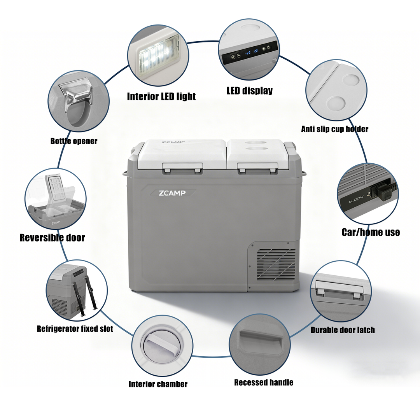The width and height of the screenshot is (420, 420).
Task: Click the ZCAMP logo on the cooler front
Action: pos(172,193)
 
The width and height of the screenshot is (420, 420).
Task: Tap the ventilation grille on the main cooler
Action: pos(276,264)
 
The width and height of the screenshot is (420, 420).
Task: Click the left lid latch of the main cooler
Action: pos(182,168)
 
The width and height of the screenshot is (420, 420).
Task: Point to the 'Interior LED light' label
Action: pos(161,96)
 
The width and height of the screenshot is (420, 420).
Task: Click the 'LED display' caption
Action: pos(250,91)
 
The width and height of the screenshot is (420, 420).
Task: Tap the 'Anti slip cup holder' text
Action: pos(334,129)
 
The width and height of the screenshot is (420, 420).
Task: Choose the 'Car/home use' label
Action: pos(371,232)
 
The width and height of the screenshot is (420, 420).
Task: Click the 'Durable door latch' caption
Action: pos(343,330)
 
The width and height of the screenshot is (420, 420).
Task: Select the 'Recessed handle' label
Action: pos(264,382)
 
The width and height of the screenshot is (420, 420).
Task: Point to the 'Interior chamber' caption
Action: pos(158,384)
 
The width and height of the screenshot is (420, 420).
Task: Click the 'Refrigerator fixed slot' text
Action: pos(75,329)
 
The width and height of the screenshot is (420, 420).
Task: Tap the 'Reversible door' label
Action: pos(52,238)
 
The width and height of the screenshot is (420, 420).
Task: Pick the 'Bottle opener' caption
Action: pos(73,141)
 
